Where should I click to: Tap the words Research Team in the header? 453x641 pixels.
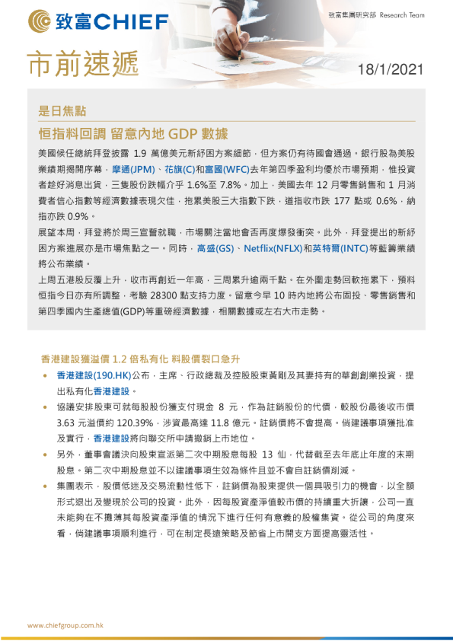point(401,14)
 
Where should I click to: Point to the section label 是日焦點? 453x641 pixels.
point(63,111)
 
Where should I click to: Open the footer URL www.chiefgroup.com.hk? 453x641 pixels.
point(65,625)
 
